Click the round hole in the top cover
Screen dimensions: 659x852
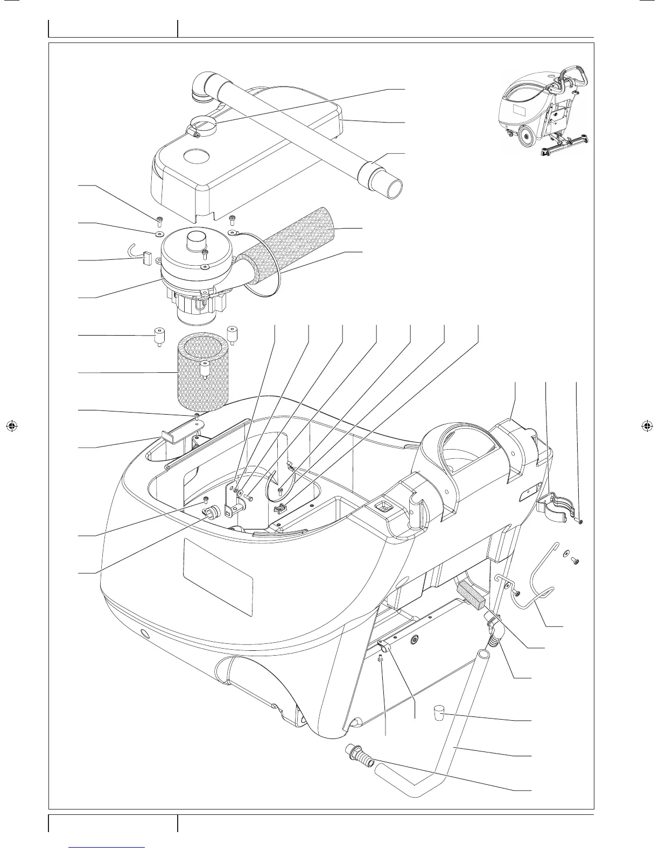click(x=196, y=157)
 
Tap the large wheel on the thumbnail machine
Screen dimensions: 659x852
click(x=527, y=137)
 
